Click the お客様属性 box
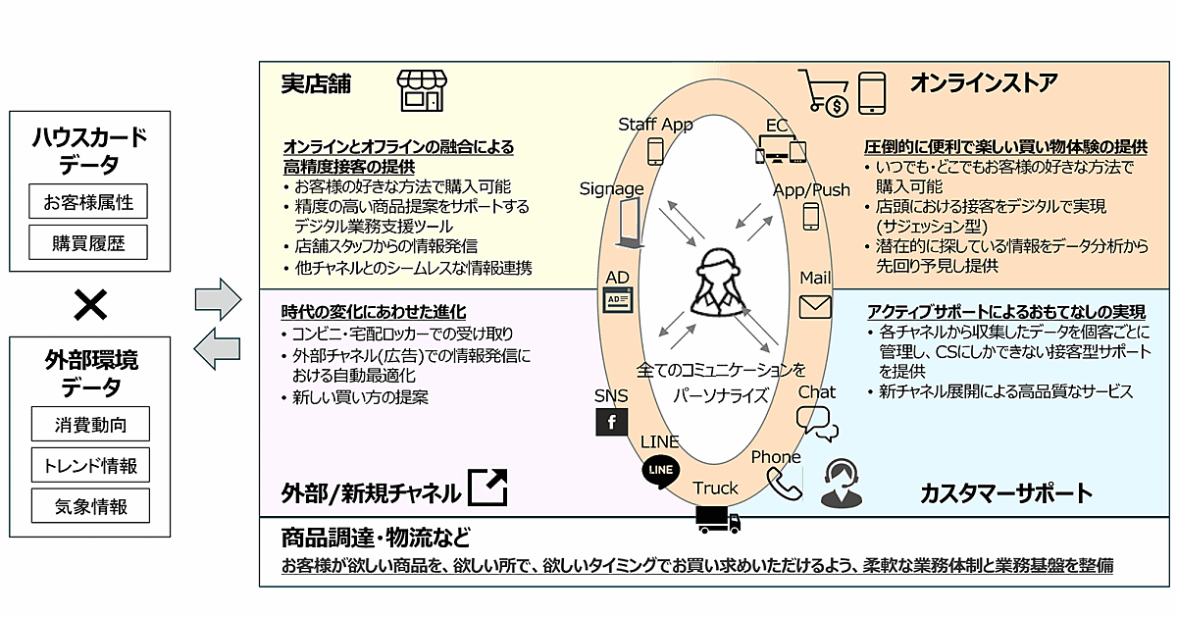(x=89, y=203)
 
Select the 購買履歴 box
(x=89, y=241)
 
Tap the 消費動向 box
(x=89, y=425)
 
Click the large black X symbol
(x=90, y=307)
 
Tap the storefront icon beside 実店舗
(x=420, y=90)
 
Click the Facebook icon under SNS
(x=612, y=423)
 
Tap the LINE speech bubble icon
(x=661, y=470)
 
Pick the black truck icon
(x=717, y=520)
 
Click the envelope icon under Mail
(x=814, y=307)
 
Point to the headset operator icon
(x=842, y=484)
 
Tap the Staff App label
(x=655, y=125)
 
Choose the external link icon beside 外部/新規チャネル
(x=488, y=488)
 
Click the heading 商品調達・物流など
(x=376, y=539)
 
